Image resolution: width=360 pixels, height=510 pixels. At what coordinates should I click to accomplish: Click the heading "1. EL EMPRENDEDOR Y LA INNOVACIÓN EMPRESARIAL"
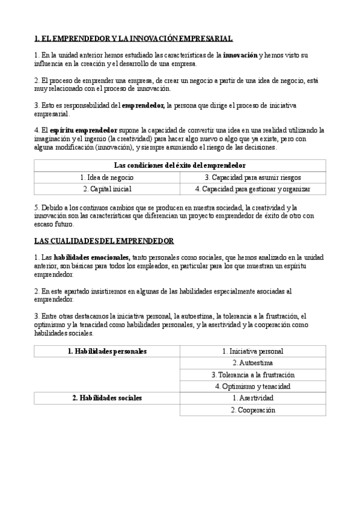[x=133, y=39]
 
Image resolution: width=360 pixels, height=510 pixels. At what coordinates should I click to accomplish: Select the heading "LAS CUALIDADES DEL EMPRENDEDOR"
[x=104, y=241]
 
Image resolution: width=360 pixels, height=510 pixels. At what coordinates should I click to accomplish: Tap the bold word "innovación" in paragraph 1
[x=240, y=55]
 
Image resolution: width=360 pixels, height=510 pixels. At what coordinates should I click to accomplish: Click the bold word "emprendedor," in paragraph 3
[x=143, y=105]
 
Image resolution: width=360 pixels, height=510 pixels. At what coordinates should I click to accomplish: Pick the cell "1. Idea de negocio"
[x=106, y=177]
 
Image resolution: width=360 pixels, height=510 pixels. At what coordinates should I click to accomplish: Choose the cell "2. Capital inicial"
[x=106, y=189]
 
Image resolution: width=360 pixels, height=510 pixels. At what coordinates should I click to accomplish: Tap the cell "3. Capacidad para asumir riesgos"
[x=252, y=177]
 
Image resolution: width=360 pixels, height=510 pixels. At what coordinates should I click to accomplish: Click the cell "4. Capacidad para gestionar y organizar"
[x=252, y=189]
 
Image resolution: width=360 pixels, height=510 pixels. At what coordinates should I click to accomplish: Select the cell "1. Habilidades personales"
[x=107, y=351]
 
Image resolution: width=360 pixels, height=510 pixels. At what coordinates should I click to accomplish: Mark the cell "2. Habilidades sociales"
[x=107, y=398]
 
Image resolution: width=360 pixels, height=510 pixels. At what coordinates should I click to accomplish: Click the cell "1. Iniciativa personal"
[x=252, y=351]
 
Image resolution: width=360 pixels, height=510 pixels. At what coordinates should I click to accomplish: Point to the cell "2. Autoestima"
[x=252, y=363]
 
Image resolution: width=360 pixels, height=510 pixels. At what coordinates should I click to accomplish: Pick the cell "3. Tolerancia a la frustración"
[x=252, y=375]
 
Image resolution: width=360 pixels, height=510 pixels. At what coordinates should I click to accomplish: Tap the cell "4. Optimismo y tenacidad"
[x=252, y=386]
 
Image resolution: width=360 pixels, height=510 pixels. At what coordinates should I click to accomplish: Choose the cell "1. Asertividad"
[x=252, y=398]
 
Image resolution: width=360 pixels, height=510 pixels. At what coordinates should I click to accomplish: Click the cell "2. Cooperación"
[x=252, y=410]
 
